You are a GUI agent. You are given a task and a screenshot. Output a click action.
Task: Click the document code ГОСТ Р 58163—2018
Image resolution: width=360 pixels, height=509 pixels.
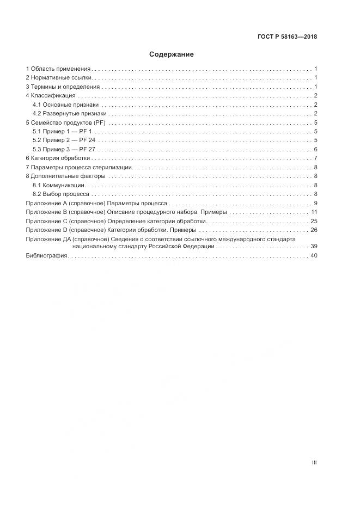(287, 37)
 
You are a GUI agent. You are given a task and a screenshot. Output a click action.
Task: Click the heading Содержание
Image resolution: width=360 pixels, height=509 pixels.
(172, 54)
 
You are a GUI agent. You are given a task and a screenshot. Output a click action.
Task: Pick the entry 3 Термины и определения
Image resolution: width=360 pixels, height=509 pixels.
(63, 87)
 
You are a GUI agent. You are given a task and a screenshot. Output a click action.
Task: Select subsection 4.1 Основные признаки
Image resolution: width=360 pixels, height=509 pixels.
(65, 105)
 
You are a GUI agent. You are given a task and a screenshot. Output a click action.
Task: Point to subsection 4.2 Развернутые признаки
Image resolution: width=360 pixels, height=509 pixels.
(69, 113)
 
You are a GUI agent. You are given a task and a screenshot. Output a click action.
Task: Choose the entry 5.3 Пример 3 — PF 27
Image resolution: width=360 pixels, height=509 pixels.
(64, 149)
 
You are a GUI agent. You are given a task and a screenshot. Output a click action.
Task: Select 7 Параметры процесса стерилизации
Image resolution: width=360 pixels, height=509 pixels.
(79, 167)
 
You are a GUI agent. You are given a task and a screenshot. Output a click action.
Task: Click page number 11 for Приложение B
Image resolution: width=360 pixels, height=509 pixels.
(314, 212)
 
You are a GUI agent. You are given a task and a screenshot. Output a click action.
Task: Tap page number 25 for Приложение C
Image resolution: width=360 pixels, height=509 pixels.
(314, 221)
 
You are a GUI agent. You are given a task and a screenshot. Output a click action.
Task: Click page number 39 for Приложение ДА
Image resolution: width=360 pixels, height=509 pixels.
(314, 247)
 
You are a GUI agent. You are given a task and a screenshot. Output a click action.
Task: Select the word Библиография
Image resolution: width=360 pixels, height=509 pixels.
(46, 256)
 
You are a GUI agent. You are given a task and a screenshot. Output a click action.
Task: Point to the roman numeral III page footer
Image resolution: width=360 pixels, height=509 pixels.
(314, 463)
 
